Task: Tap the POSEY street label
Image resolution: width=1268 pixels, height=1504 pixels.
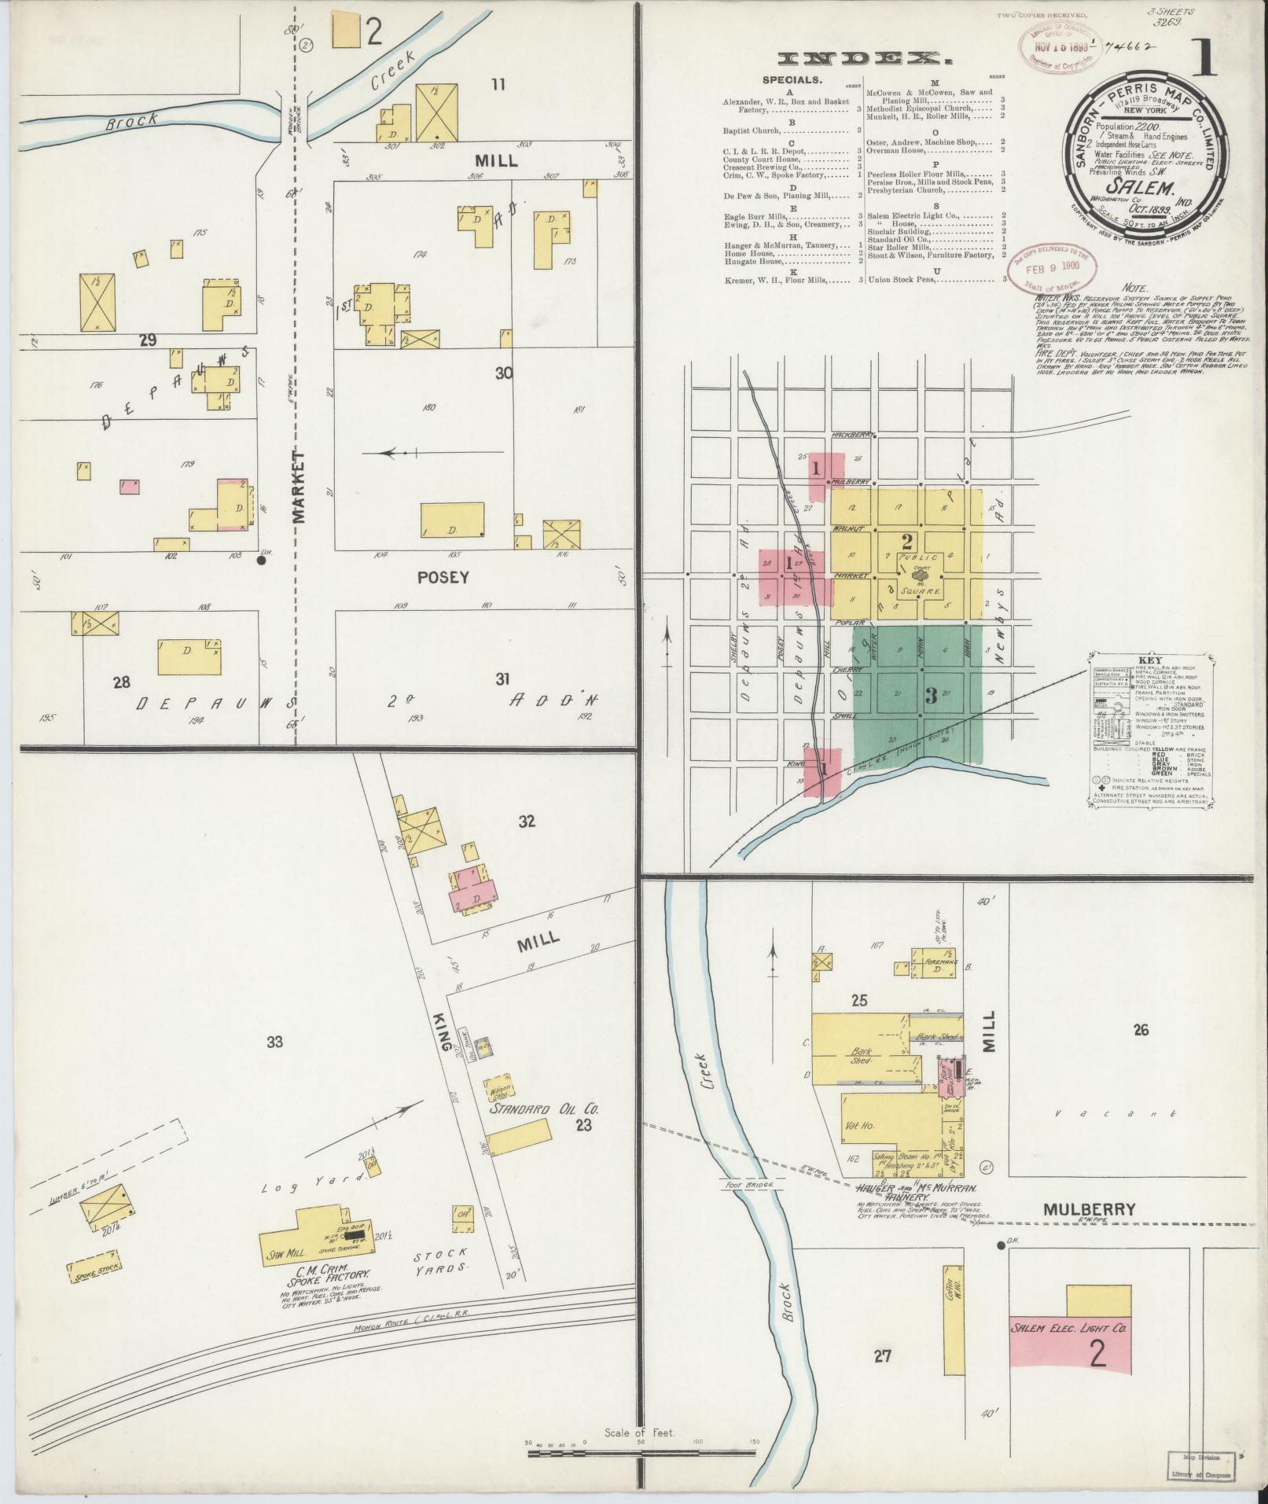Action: point(443,577)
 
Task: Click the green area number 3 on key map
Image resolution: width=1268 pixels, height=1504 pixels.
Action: point(931,696)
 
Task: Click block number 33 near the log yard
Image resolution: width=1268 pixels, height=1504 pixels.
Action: point(274,1043)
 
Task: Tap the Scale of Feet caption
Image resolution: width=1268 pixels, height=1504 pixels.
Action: point(640,1432)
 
